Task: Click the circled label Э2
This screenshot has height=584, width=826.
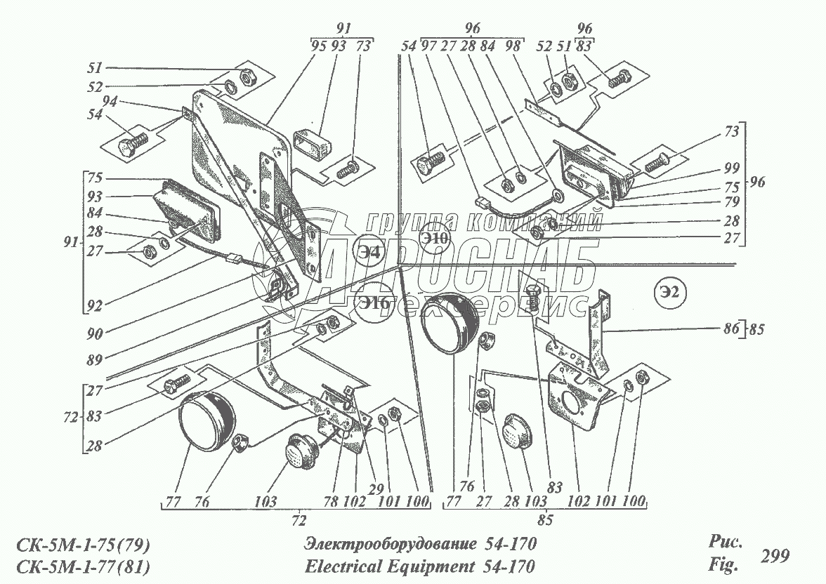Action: pyautogui.click(x=671, y=289)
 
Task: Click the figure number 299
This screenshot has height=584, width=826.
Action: pyautogui.click(x=775, y=556)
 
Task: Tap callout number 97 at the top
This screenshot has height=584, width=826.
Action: pyautogui.click(x=428, y=46)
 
